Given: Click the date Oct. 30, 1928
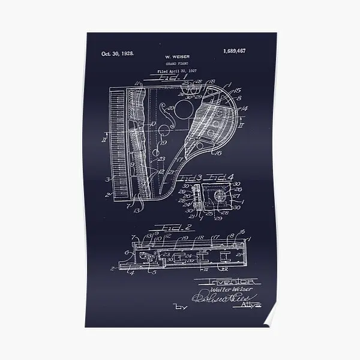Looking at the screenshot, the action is click(x=117, y=54).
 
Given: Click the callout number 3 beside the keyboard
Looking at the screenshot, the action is click(x=108, y=178).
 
